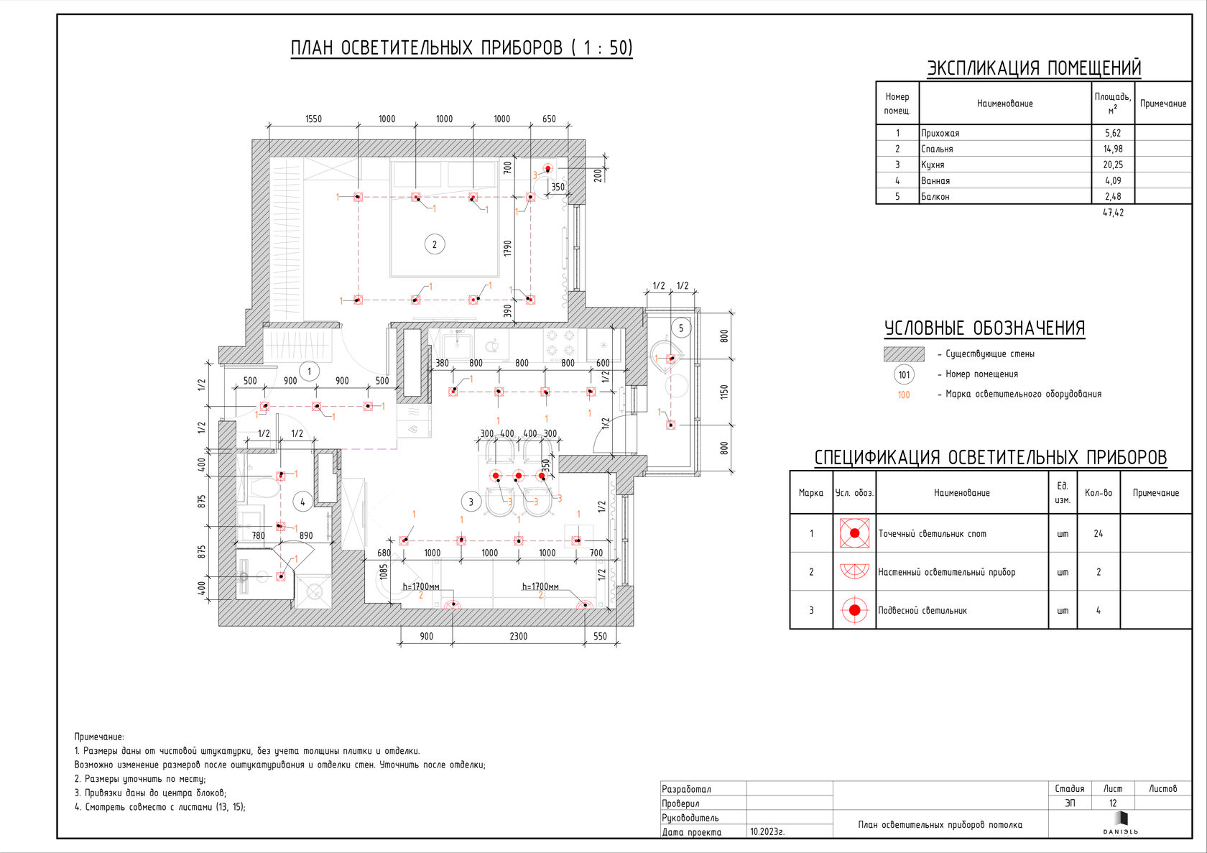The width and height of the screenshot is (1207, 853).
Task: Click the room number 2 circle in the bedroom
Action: click(x=434, y=244)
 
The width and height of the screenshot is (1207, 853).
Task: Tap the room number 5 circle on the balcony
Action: click(x=681, y=328)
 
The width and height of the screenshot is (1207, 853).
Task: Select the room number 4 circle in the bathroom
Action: click(x=302, y=502)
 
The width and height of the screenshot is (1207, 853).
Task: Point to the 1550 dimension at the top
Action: click(x=313, y=119)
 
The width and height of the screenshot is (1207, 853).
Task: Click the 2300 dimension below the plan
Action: click(x=518, y=636)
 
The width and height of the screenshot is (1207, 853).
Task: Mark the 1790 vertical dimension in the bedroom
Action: click(x=508, y=249)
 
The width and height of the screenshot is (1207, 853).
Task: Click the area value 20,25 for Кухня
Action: click(x=1113, y=165)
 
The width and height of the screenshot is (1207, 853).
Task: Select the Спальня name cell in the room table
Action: click(x=937, y=149)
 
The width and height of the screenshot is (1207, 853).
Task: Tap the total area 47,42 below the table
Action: click(x=1113, y=213)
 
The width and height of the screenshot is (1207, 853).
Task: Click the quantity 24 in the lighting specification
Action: click(x=1098, y=534)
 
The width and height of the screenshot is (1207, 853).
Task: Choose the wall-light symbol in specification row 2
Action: click(x=854, y=571)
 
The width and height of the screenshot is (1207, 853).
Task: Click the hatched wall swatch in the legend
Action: click(x=904, y=354)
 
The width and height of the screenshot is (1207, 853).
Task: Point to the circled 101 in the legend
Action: click(x=904, y=374)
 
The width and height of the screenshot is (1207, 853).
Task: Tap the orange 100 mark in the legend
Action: click(x=904, y=395)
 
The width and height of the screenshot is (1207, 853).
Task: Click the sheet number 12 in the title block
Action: click(x=1113, y=803)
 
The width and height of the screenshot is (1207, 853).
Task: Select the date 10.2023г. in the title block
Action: click(x=767, y=831)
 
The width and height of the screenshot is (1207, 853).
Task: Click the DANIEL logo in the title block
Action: click(x=1121, y=824)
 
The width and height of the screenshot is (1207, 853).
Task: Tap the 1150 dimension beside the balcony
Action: click(x=724, y=392)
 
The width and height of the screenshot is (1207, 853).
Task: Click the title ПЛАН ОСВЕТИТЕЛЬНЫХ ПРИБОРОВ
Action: click(x=461, y=48)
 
